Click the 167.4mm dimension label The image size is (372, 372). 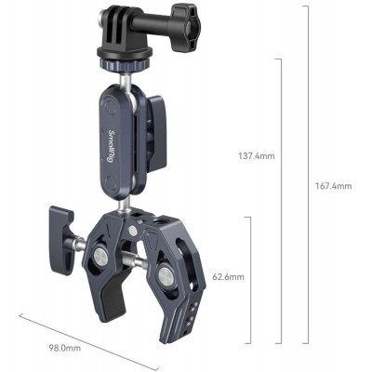click(x=332, y=186)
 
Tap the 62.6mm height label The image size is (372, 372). click(x=227, y=277)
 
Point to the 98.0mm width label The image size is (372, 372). click(x=65, y=348)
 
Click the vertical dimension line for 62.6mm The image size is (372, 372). click(x=249, y=279)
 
